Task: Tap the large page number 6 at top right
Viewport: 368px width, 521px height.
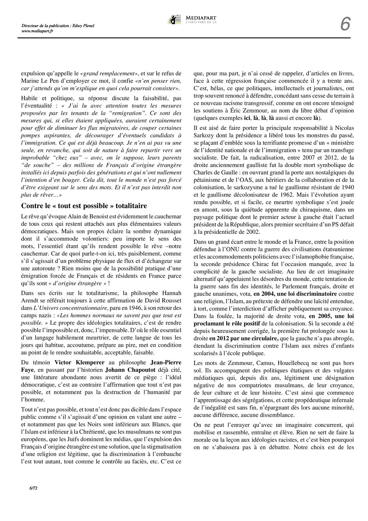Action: [345, 24]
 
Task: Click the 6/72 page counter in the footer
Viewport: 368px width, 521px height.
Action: [33, 497]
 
